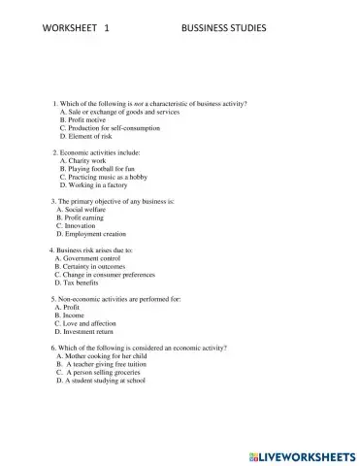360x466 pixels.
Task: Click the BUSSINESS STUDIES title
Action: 223,28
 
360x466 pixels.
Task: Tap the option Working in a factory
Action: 101,185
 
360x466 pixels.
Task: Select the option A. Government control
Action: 93,258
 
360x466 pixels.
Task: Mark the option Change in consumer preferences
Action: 111,275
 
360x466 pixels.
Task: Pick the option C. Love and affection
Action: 86,323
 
